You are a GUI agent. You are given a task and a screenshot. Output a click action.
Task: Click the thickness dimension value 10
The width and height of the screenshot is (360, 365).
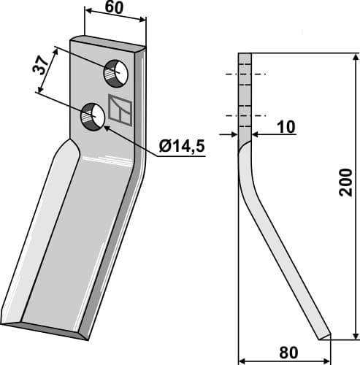[286, 127]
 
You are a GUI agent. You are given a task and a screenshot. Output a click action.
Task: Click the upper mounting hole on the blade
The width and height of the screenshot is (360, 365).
[115, 72]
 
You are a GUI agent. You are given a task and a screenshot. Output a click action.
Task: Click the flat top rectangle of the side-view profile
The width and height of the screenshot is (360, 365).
[245, 95]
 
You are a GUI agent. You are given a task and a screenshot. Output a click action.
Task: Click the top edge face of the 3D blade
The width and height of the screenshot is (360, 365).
[108, 44]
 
